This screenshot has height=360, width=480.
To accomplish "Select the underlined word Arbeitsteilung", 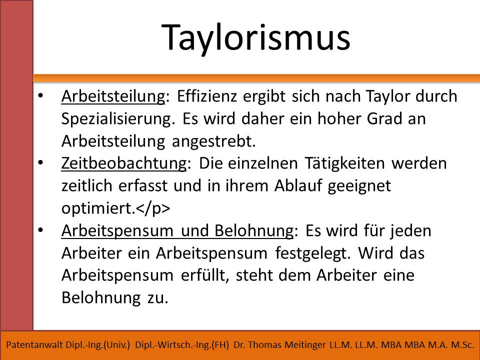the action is tap(113, 96).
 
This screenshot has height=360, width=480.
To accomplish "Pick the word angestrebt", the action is tap(213, 141).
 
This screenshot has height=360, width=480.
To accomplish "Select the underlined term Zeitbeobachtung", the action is tap(123, 163).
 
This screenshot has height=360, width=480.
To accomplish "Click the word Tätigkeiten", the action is tap(344, 163).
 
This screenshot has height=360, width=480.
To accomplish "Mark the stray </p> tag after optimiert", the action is tap(153, 208).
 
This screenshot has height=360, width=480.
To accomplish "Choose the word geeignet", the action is tap(359, 186).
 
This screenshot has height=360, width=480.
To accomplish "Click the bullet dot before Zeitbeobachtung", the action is tap(40, 162).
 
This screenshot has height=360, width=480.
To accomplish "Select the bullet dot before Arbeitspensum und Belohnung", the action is tap(40, 230).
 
